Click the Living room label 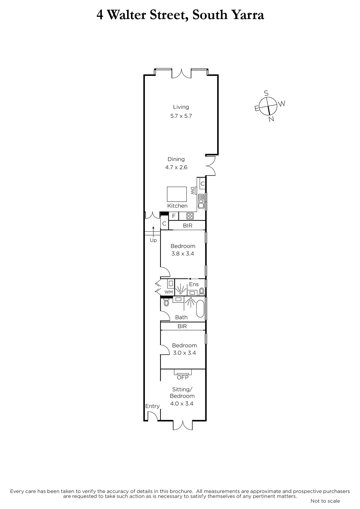tap(181, 107)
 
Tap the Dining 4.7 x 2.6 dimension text tap(176, 167)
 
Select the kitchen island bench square tap(177, 194)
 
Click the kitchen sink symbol tap(201, 201)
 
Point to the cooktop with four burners tap(190, 216)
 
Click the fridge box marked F tap(174, 216)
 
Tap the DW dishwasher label tap(192, 191)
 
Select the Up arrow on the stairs tap(153, 232)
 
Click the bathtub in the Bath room tap(200, 309)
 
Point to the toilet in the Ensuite tap(201, 291)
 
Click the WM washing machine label tap(168, 292)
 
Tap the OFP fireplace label tap(183, 377)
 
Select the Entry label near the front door tap(152, 406)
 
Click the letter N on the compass tap(271, 119)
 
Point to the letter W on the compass tap(282, 104)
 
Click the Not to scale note tap(325, 501)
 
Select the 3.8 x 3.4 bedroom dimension tap(183, 254)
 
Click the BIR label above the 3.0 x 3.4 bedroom tap(182, 326)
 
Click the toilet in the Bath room tap(166, 303)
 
